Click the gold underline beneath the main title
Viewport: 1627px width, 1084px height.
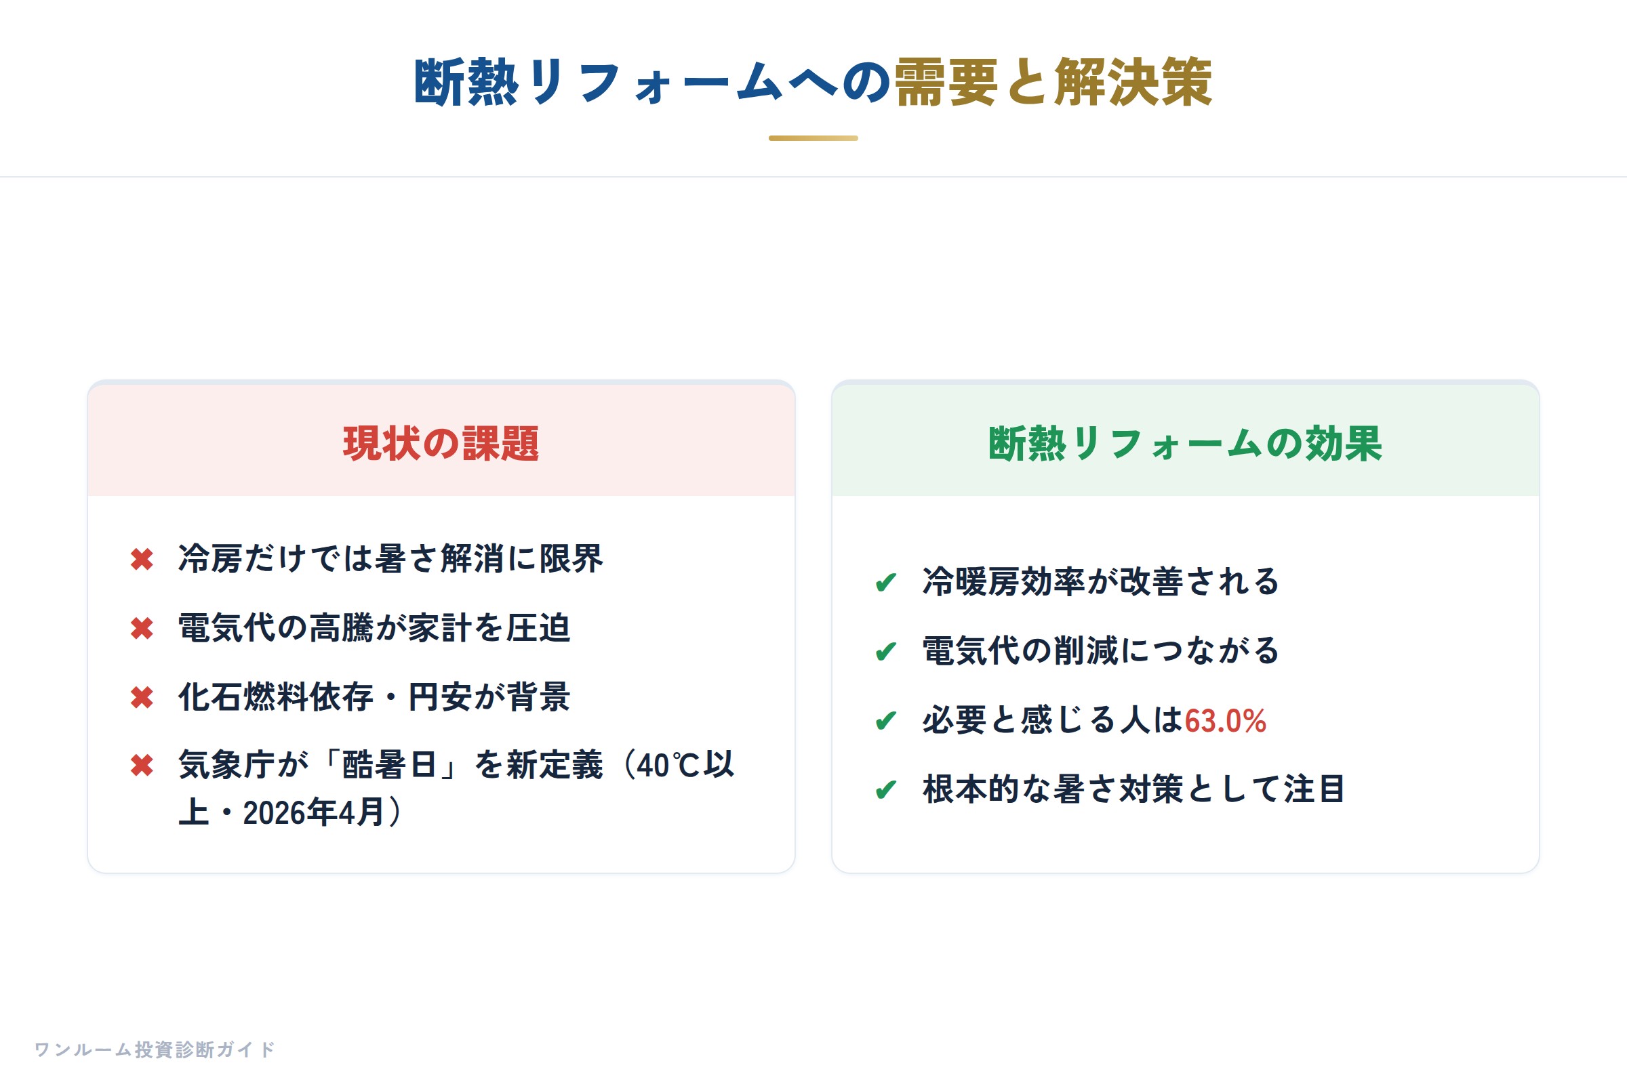tap(813, 138)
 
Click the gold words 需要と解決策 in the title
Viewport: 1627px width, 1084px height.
tap(1053, 82)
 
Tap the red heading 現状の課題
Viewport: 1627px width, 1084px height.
tap(441, 443)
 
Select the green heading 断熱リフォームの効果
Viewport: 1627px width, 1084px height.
tap(1185, 443)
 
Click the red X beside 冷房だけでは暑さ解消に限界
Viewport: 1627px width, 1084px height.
tap(142, 560)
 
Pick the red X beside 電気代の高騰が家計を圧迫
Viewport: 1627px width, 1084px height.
tap(142, 629)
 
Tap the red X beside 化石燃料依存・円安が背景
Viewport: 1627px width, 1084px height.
tap(142, 698)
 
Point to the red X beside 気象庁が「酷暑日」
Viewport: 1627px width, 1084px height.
tap(142, 766)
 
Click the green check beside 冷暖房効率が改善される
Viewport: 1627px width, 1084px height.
tap(886, 583)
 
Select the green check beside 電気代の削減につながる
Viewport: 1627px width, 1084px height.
tap(886, 652)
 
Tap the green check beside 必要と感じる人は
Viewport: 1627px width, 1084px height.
tap(886, 721)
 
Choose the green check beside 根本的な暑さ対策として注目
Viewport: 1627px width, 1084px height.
tap(886, 790)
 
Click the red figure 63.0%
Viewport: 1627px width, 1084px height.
tap(1225, 721)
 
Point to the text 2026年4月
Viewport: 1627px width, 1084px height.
tap(313, 812)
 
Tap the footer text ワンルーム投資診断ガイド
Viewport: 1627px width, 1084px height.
tap(155, 1049)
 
